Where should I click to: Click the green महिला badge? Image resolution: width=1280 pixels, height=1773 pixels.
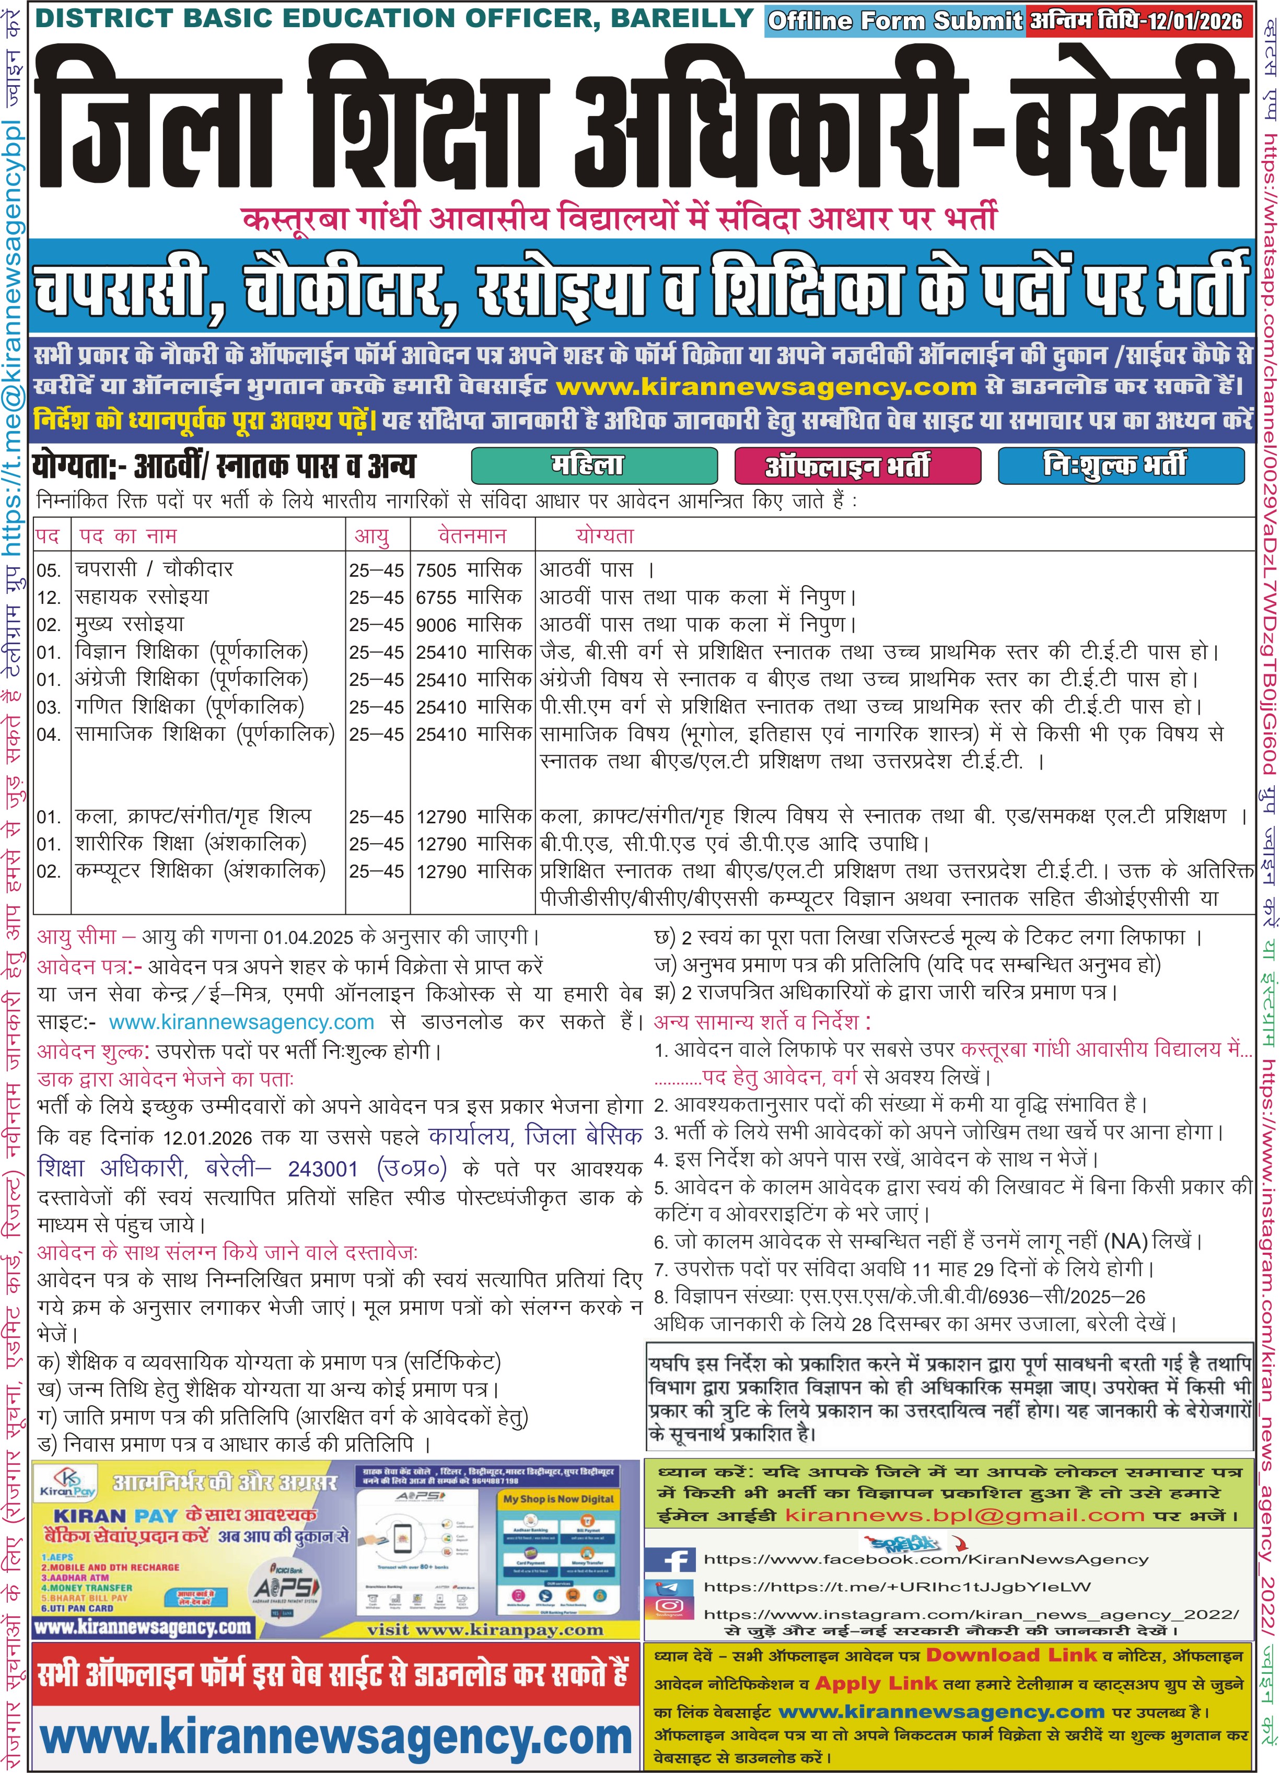point(594,466)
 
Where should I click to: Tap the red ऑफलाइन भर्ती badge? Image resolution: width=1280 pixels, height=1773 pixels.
point(857,466)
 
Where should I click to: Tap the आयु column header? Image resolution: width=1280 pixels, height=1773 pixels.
point(371,536)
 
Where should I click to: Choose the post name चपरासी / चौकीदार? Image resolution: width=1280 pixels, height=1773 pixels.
point(154,570)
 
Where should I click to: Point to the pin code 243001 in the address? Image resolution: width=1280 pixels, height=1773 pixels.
point(322,1169)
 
